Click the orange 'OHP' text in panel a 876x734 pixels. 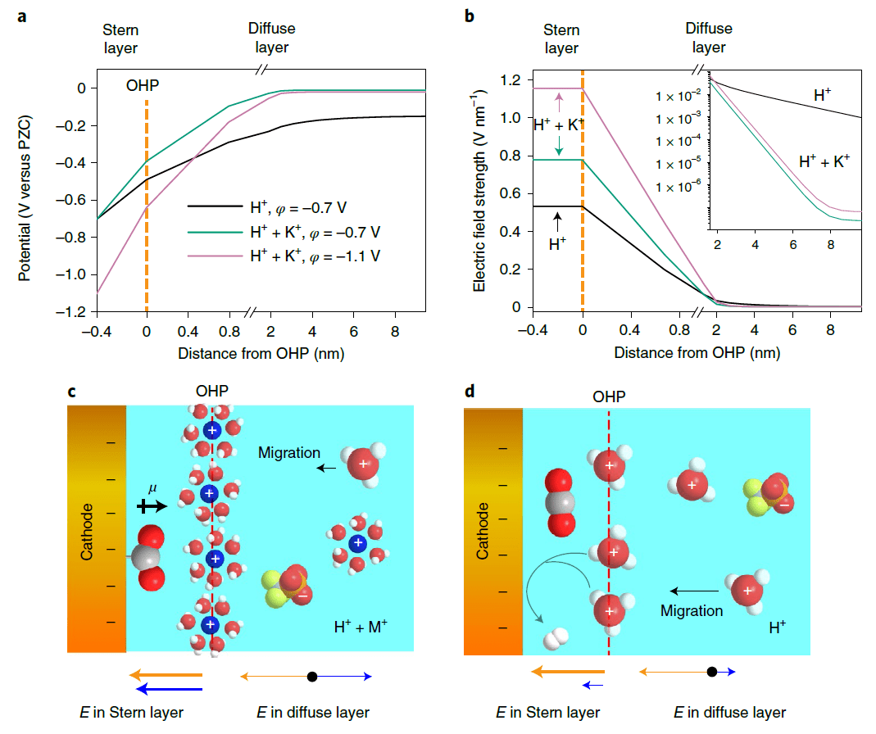(143, 85)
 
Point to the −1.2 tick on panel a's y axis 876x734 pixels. (75, 312)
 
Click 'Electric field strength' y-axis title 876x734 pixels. (479, 195)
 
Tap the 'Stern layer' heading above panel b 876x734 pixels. (561, 39)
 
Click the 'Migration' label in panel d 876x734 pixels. (692, 610)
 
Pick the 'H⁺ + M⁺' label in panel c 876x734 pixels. (361, 628)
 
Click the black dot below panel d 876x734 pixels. (712, 672)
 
